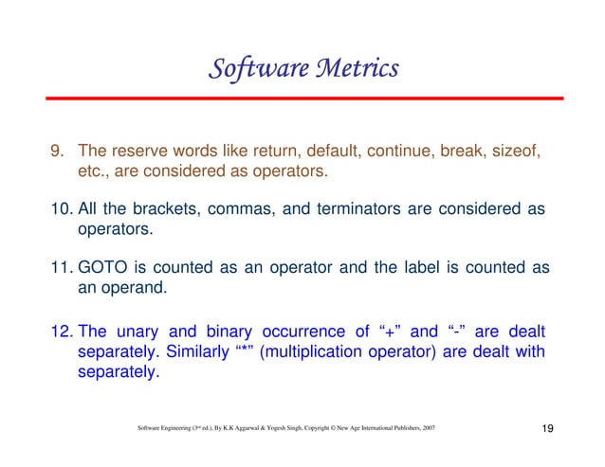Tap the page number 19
pyautogui.click(x=547, y=430)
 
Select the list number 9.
pyautogui.click(x=58, y=153)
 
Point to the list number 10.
pyautogui.click(x=62, y=209)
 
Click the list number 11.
pyautogui.click(x=62, y=268)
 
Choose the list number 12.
pyautogui.click(x=62, y=332)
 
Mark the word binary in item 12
pyautogui.click(x=225, y=332)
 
